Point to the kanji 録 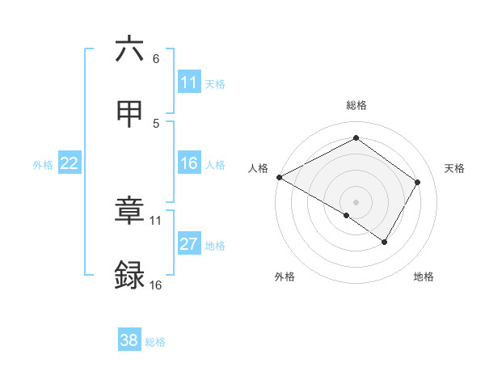click(130, 275)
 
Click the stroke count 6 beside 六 click(156, 58)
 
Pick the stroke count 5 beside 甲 click(156, 123)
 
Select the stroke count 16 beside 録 click(156, 285)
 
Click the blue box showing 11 click(189, 82)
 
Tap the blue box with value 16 click(189, 163)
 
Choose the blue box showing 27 click(189, 244)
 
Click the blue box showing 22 click(70, 163)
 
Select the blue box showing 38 click(129, 340)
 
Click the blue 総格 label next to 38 click(156, 342)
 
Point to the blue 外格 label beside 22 click(43, 165)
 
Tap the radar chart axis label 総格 click(356, 105)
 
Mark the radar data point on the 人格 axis click(279, 177)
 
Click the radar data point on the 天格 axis click(417, 182)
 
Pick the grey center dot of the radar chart click(356, 201)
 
